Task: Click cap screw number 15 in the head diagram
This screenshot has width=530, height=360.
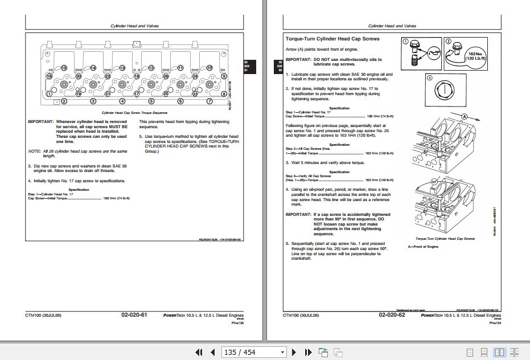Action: point(64,68)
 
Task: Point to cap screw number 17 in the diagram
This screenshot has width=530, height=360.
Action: point(137,93)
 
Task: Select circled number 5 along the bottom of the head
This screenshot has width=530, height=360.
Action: point(151,101)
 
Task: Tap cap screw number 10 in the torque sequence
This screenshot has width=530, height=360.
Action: point(209,68)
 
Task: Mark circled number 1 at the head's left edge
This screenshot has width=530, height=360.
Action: point(50,101)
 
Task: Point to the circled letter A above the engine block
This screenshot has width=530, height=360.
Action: point(465,116)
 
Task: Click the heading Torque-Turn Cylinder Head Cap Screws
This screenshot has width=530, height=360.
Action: point(332,39)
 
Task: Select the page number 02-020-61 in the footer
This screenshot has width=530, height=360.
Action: point(134,315)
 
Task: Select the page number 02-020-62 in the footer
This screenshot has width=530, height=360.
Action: point(393,315)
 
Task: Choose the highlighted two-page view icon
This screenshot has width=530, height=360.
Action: point(499,353)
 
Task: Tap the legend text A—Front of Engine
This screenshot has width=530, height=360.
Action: point(424,246)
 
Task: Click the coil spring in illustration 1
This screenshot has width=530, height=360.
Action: point(414,64)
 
